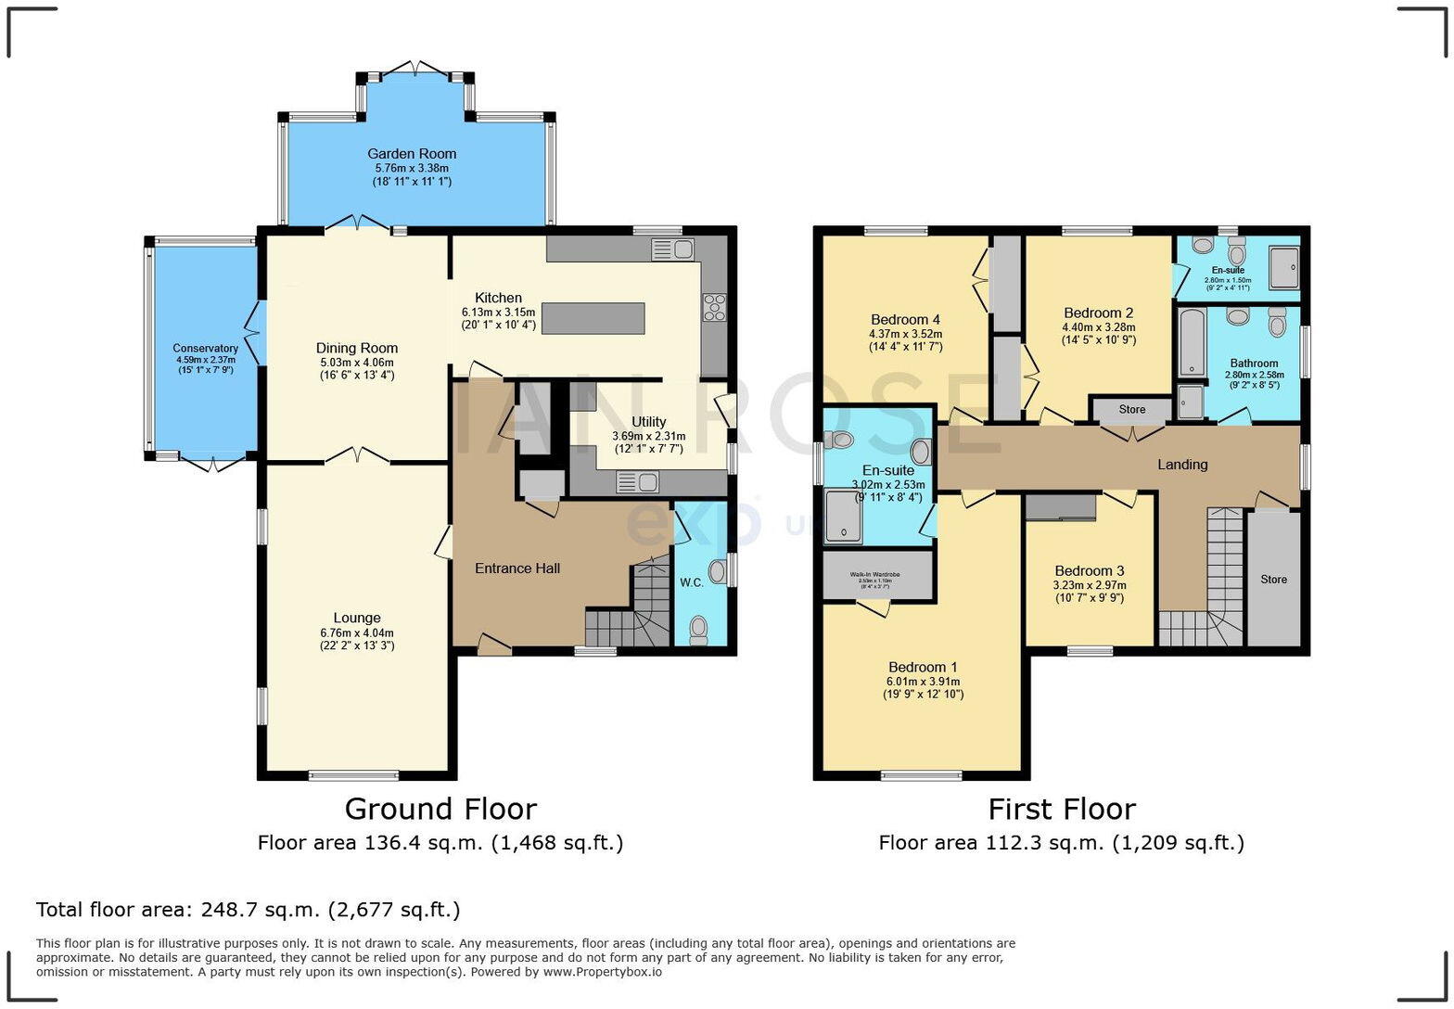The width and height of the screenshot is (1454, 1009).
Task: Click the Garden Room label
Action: pyautogui.click(x=411, y=154)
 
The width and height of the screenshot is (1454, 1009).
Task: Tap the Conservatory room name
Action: pyautogui.click(x=205, y=349)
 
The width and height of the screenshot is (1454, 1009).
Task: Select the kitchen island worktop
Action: pyautogui.click(x=593, y=318)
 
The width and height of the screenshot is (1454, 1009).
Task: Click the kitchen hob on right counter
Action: pyautogui.click(x=715, y=306)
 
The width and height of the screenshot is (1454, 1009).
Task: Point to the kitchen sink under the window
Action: pyautogui.click(x=673, y=249)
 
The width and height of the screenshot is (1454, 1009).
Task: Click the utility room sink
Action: pyautogui.click(x=637, y=481)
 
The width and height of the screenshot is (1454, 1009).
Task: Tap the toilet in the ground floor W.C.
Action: pyautogui.click(x=698, y=631)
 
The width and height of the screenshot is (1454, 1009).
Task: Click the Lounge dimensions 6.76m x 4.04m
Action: pyautogui.click(x=357, y=632)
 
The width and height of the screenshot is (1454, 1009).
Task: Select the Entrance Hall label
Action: pyautogui.click(x=517, y=568)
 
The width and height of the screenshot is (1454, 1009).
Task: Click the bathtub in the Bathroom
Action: pyautogui.click(x=1191, y=343)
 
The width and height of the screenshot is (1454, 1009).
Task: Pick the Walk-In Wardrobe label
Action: pyautogui.click(x=876, y=575)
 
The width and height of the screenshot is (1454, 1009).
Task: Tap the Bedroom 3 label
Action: pyautogui.click(x=1090, y=570)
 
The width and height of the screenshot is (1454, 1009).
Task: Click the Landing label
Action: pyautogui.click(x=1182, y=465)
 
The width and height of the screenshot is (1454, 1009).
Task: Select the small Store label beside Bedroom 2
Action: pyautogui.click(x=1131, y=409)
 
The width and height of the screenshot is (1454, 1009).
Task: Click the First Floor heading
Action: pyautogui.click(x=1061, y=810)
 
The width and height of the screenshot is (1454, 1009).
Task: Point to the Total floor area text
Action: pyautogui.click(x=248, y=910)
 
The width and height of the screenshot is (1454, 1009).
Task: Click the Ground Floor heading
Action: pyautogui.click(x=440, y=810)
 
